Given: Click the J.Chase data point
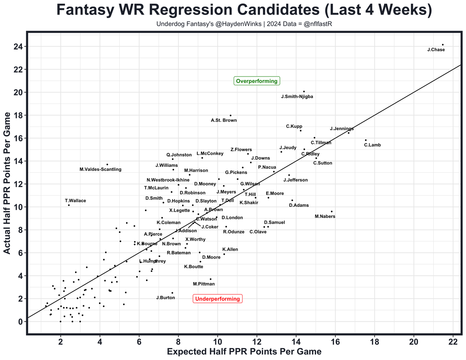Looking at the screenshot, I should [x=443, y=45].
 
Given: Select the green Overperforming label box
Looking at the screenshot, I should [x=257, y=81].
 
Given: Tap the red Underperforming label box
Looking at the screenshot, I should [x=218, y=299].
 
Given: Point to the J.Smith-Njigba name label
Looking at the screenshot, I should [x=297, y=97].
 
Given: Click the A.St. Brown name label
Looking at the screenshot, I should [x=224, y=120].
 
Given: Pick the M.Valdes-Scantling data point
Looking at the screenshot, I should [x=107, y=164].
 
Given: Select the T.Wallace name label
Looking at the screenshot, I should [x=75, y=200].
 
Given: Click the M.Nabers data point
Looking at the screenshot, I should [x=332, y=211].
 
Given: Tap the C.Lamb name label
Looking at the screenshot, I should [x=372, y=145].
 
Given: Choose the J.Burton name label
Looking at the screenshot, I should [x=166, y=298].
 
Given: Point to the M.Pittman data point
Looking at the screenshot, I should [x=210, y=279].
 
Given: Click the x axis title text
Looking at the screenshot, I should [x=244, y=352].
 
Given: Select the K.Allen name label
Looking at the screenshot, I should [x=230, y=250].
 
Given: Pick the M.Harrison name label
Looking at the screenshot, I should [x=196, y=171].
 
